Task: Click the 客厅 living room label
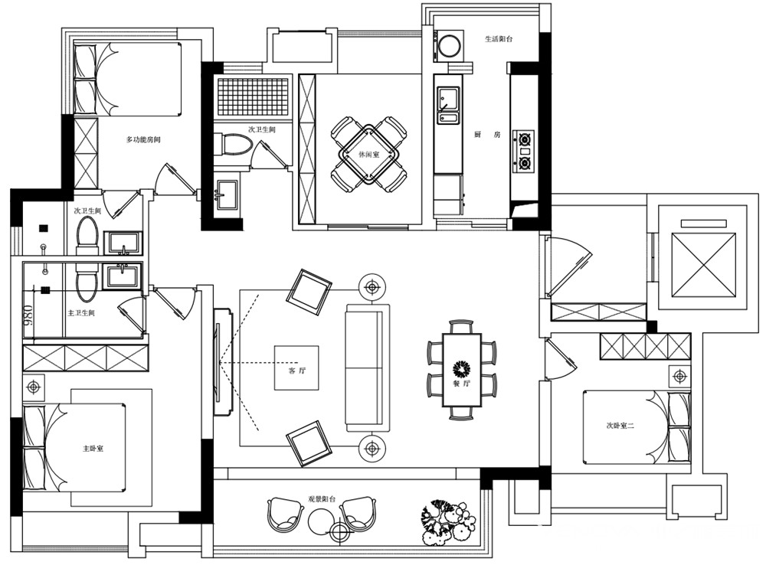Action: [x=297, y=371]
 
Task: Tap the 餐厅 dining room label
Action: [x=462, y=384]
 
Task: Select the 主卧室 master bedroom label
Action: [x=93, y=449]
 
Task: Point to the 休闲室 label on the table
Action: [x=369, y=155]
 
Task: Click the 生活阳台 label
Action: [x=499, y=38]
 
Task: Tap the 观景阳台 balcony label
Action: [x=322, y=499]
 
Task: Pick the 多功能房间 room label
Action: [x=143, y=139]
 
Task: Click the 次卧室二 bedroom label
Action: [x=620, y=426]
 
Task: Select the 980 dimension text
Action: [x=28, y=316]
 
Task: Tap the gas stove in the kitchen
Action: [x=524, y=152]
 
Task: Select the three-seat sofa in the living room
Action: [x=368, y=367]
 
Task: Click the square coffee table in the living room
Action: [x=296, y=367]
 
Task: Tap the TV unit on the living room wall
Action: [x=222, y=362]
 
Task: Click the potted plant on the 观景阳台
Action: [x=448, y=522]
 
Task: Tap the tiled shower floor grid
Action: [x=253, y=96]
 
